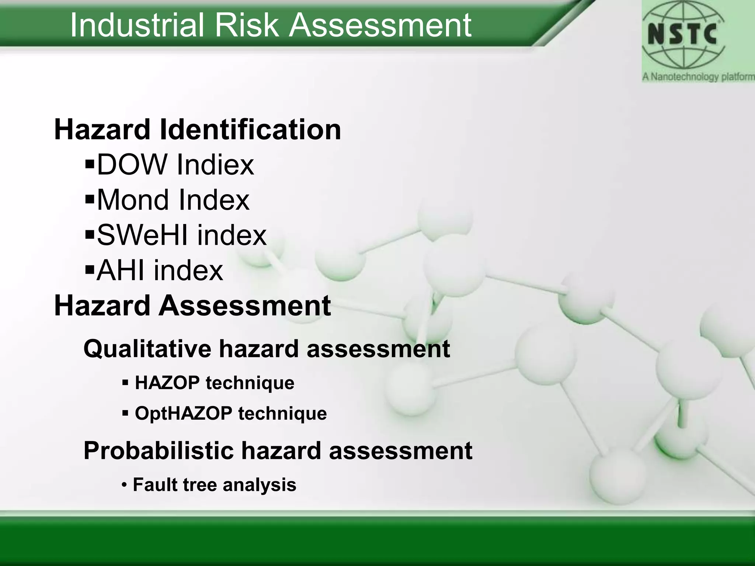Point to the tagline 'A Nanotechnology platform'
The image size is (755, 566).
[x=698, y=77]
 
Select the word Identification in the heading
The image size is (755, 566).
[x=250, y=130]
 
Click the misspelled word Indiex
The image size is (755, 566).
[x=215, y=164]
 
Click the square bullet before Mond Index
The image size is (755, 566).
[x=90, y=200]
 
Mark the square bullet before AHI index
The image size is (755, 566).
[x=90, y=270]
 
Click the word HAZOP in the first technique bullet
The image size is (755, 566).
[x=167, y=382]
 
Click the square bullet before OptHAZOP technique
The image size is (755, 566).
[x=125, y=413]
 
